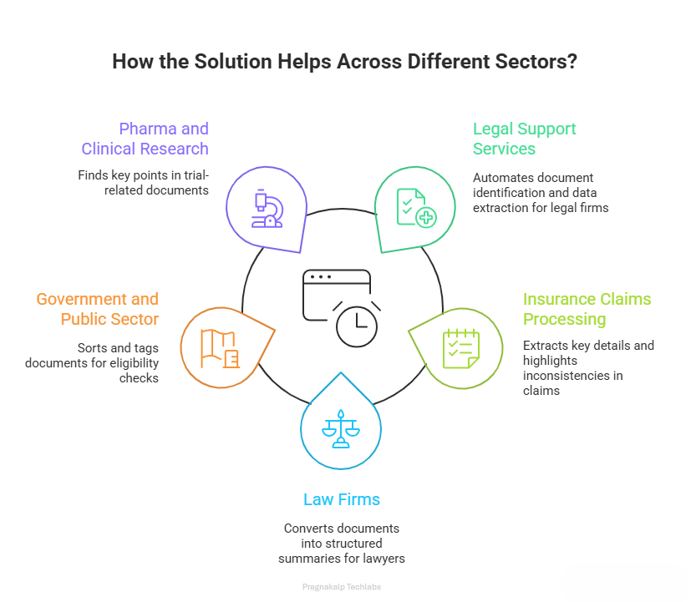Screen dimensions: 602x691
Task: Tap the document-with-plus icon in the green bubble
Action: point(416,208)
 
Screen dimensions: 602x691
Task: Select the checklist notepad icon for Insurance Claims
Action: point(461,348)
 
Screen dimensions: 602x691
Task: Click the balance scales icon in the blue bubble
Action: point(341,428)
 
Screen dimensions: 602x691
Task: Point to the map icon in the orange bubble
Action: point(220,348)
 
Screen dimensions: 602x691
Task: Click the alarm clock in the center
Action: point(357,324)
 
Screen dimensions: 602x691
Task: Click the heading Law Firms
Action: point(341,500)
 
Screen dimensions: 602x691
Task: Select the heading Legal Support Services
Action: point(524,139)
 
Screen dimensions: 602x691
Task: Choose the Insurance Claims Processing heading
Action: point(587,309)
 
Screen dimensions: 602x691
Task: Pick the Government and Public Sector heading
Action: point(97,309)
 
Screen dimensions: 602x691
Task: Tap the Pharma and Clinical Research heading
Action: point(145,139)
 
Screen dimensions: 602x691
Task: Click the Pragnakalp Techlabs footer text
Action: point(341,587)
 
